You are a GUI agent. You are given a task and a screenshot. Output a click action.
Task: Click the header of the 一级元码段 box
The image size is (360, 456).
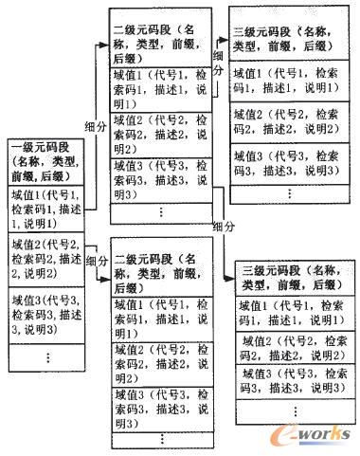click(45, 164)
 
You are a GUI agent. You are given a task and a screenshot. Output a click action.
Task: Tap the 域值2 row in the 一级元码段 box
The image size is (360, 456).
click(45, 259)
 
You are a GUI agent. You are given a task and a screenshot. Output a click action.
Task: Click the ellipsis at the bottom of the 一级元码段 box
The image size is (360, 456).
click(45, 357)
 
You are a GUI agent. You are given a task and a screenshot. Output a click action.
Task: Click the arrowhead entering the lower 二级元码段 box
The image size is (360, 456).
click(107, 276)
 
